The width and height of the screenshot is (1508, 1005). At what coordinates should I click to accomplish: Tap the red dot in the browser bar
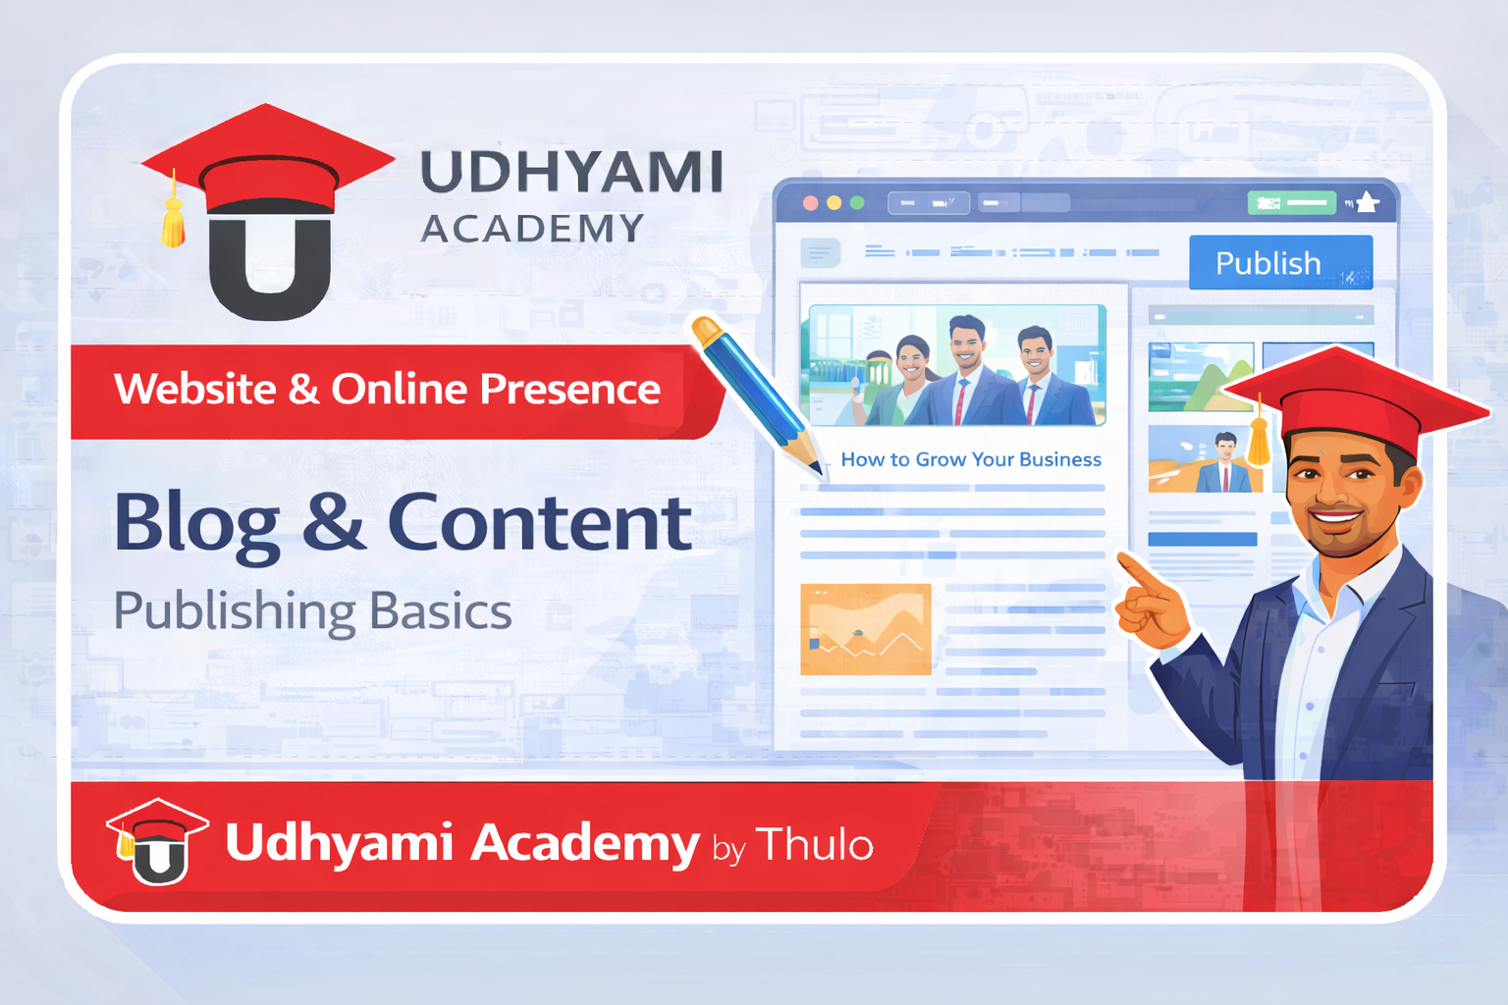coord(811,203)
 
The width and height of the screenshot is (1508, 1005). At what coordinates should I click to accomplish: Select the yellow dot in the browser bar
coord(835,203)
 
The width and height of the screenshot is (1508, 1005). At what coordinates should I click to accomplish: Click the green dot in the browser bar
coord(857,203)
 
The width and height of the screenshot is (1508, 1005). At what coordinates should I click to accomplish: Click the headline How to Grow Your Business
coord(970,459)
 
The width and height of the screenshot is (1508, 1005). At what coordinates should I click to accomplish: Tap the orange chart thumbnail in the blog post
coord(865,629)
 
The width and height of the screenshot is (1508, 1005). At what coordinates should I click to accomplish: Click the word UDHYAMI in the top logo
coord(571,173)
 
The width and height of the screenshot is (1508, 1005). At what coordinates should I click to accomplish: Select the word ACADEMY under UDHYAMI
coord(532,229)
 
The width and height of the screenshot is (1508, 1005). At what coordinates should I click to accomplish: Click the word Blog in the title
coord(197,524)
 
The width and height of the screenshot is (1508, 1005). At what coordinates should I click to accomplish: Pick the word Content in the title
coord(539,522)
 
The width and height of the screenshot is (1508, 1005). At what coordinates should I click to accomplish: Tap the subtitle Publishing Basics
coord(312,611)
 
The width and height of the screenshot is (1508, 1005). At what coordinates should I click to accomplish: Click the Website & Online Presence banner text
coord(387,390)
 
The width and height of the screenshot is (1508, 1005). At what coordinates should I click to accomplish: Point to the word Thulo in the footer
coord(814,844)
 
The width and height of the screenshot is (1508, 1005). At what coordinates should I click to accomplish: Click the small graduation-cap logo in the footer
coord(157,841)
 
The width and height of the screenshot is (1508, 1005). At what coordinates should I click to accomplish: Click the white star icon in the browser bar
coord(1367,203)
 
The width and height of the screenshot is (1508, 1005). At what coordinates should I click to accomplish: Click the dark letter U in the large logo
coord(269,267)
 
